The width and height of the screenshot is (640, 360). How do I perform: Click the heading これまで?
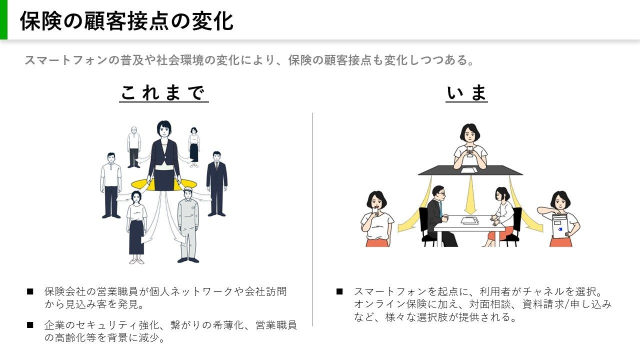(163, 93)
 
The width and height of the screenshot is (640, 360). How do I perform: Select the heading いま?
(466, 93)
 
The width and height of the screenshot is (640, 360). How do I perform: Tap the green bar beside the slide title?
(3, 19)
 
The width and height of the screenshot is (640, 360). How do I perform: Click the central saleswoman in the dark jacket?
(163, 155)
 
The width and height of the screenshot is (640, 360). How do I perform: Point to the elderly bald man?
(133, 146)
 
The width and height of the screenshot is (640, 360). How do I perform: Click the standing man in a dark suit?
(216, 182)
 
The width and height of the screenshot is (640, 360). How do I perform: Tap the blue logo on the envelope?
(560, 229)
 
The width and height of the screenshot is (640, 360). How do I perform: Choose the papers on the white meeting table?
(469, 220)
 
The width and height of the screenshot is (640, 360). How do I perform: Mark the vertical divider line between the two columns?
(312, 220)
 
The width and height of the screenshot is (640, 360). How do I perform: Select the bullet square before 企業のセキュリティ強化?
(30, 325)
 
